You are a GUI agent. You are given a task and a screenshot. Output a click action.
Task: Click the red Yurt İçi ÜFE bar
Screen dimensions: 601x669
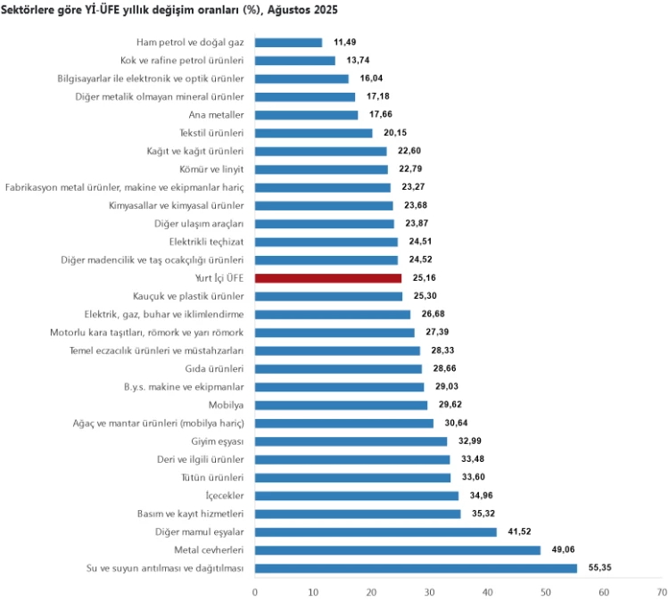(x=328, y=278)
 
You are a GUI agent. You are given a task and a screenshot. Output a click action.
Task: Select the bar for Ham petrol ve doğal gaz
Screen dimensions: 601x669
(x=288, y=42)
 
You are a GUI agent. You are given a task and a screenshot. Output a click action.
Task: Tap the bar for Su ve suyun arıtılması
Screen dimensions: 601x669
(x=416, y=568)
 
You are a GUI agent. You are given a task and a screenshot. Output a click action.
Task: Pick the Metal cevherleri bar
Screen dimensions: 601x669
(x=398, y=550)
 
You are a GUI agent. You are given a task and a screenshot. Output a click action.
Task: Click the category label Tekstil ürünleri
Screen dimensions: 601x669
(x=211, y=133)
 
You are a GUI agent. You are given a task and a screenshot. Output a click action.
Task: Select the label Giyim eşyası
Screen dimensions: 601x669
(x=218, y=441)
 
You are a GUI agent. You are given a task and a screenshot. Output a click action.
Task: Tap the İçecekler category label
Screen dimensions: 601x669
(x=224, y=496)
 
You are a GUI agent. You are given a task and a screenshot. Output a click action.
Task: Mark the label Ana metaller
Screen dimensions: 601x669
(x=216, y=115)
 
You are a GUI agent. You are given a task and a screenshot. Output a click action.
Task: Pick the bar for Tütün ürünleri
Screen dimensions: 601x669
(x=352, y=477)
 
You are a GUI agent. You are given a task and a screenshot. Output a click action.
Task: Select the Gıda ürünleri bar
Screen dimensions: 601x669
(x=338, y=368)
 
